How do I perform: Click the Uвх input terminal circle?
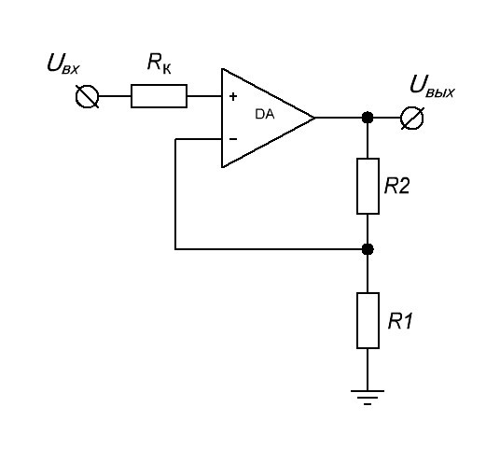tap(87, 96)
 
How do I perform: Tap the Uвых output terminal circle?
tap(412, 118)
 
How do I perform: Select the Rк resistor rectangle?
tap(159, 96)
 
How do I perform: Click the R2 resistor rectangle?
tap(368, 186)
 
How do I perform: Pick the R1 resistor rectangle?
tap(368, 320)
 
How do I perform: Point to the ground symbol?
tap(368, 398)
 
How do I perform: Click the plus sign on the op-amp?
tap(233, 96)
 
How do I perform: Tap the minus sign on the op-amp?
tap(233, 139)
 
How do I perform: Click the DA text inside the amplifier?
tap(265, 114)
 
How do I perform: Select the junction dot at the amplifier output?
tap(368, 118)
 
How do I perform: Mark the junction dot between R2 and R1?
tap(368, 249)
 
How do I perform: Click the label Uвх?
tap(62, 63)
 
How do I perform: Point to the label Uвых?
tap(432, 86)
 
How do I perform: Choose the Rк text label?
tap(160, 63)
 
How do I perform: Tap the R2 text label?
tap(397, 186)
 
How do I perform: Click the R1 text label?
tap(400, 321)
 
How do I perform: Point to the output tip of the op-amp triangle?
tap(315, 118)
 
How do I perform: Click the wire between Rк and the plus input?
tap(204, 96)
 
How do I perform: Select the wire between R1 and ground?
tap(368, 370)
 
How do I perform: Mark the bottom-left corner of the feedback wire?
tap(175, 249)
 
